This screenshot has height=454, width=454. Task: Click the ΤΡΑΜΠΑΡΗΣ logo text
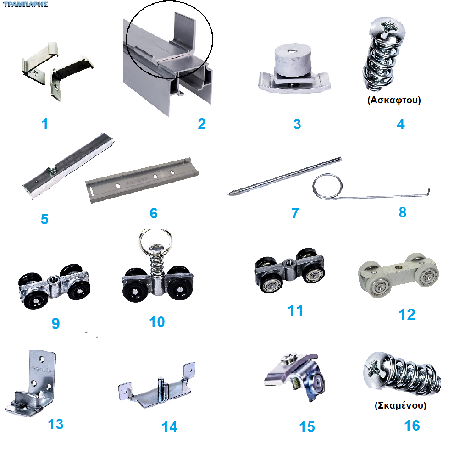tap(26, 4)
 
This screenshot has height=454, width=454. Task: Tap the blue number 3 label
tap(297, 124)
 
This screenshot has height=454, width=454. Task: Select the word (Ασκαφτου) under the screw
tap(394, 100)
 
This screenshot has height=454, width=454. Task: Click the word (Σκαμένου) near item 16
tap(400, 405)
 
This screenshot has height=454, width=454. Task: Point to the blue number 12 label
tap(407, 315)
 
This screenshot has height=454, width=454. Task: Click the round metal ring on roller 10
tap(155, 240)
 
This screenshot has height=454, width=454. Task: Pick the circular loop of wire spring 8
tap(327, 186)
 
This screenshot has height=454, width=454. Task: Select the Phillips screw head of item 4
tap(387, 28)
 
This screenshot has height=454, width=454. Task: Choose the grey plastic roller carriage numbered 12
tap(399, 275)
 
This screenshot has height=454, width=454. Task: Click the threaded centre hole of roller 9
tap(54, 280)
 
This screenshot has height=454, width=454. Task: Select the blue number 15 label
tap(307, 427)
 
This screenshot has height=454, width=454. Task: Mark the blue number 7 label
tap(295, 213)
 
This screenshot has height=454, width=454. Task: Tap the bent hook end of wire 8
tap(428, 192)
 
